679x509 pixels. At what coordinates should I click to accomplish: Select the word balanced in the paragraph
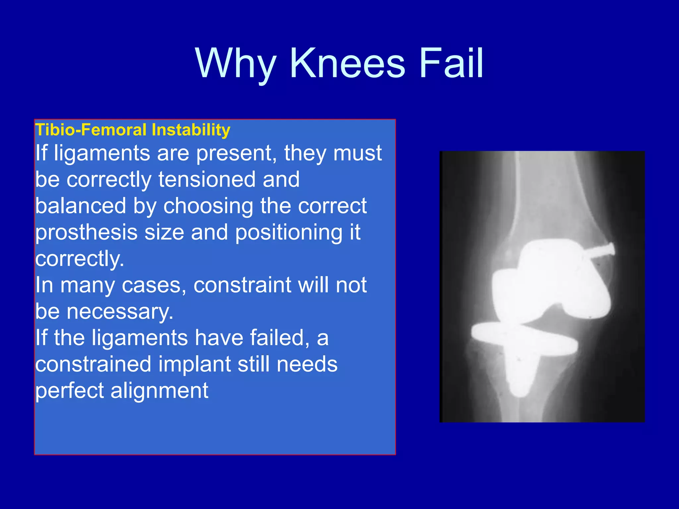coord(81,206)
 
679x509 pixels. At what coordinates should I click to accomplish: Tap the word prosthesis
coord(86,233)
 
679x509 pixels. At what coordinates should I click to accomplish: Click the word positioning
coord(288,233)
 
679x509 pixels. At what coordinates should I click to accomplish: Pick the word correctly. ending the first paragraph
coord(80,259)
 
